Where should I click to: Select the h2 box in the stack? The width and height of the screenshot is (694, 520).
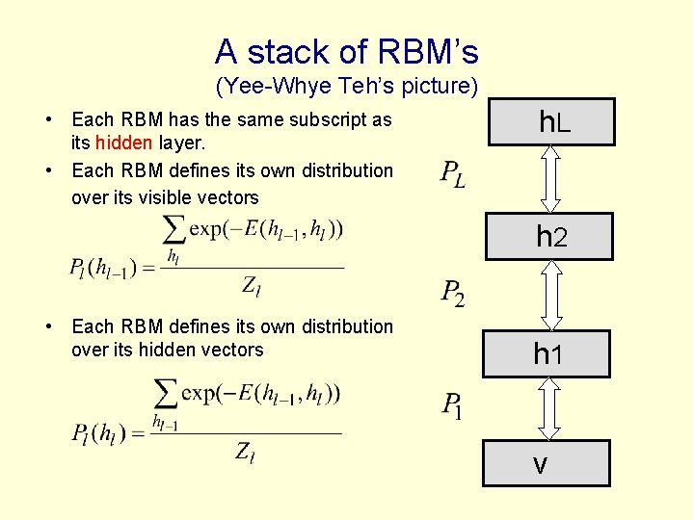[x=549, y=236]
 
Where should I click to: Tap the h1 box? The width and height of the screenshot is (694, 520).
[x=547, y=353]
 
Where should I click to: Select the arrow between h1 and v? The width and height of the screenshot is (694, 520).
[x=548, y=407]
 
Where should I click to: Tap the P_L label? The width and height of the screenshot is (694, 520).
[x=452, y=173]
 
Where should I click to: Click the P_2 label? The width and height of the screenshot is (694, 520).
[x=452, y=292]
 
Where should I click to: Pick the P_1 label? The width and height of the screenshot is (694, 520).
[x=452, y=405]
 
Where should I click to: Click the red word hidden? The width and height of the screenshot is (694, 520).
[x=123, y=143]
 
